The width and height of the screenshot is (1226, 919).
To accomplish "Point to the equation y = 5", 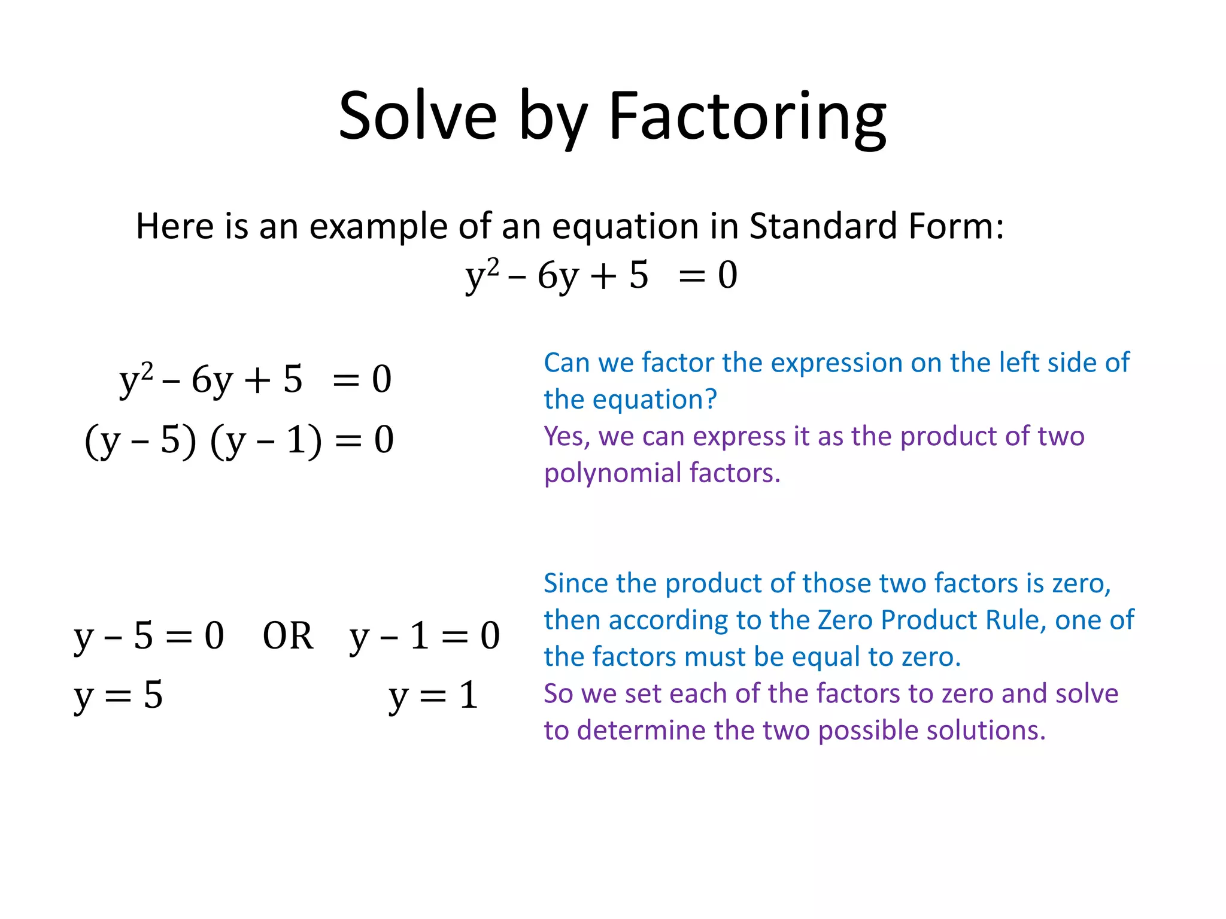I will pyautogui.click(x=118, y=696).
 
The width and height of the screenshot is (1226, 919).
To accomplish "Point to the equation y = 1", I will pyautogui.click(x=433, y=696).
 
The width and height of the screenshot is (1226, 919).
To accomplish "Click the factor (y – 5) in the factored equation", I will pyautogui.click(x=140, y=441).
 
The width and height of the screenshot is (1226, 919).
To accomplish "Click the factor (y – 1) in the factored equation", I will pyautogui.click(x=265, y=441).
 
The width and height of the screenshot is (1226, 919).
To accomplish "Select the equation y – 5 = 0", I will pyautogui.click(x=148, y=636).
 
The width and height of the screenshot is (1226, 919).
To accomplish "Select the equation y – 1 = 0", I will pyautogui.click(x=424, y=636).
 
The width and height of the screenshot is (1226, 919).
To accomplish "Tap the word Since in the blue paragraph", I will pyautogui.click(x=575, y=583).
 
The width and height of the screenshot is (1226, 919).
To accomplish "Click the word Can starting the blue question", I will pyautogui.click(x=566, y=363).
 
